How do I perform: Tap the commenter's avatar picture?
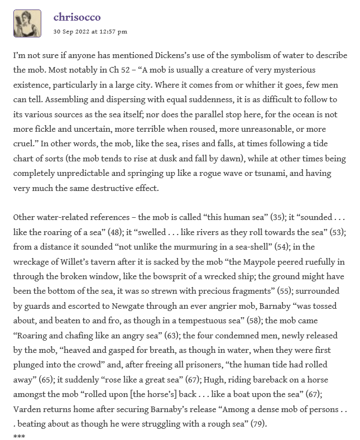(27, 23)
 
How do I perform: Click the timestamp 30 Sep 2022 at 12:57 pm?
(90, 31)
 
